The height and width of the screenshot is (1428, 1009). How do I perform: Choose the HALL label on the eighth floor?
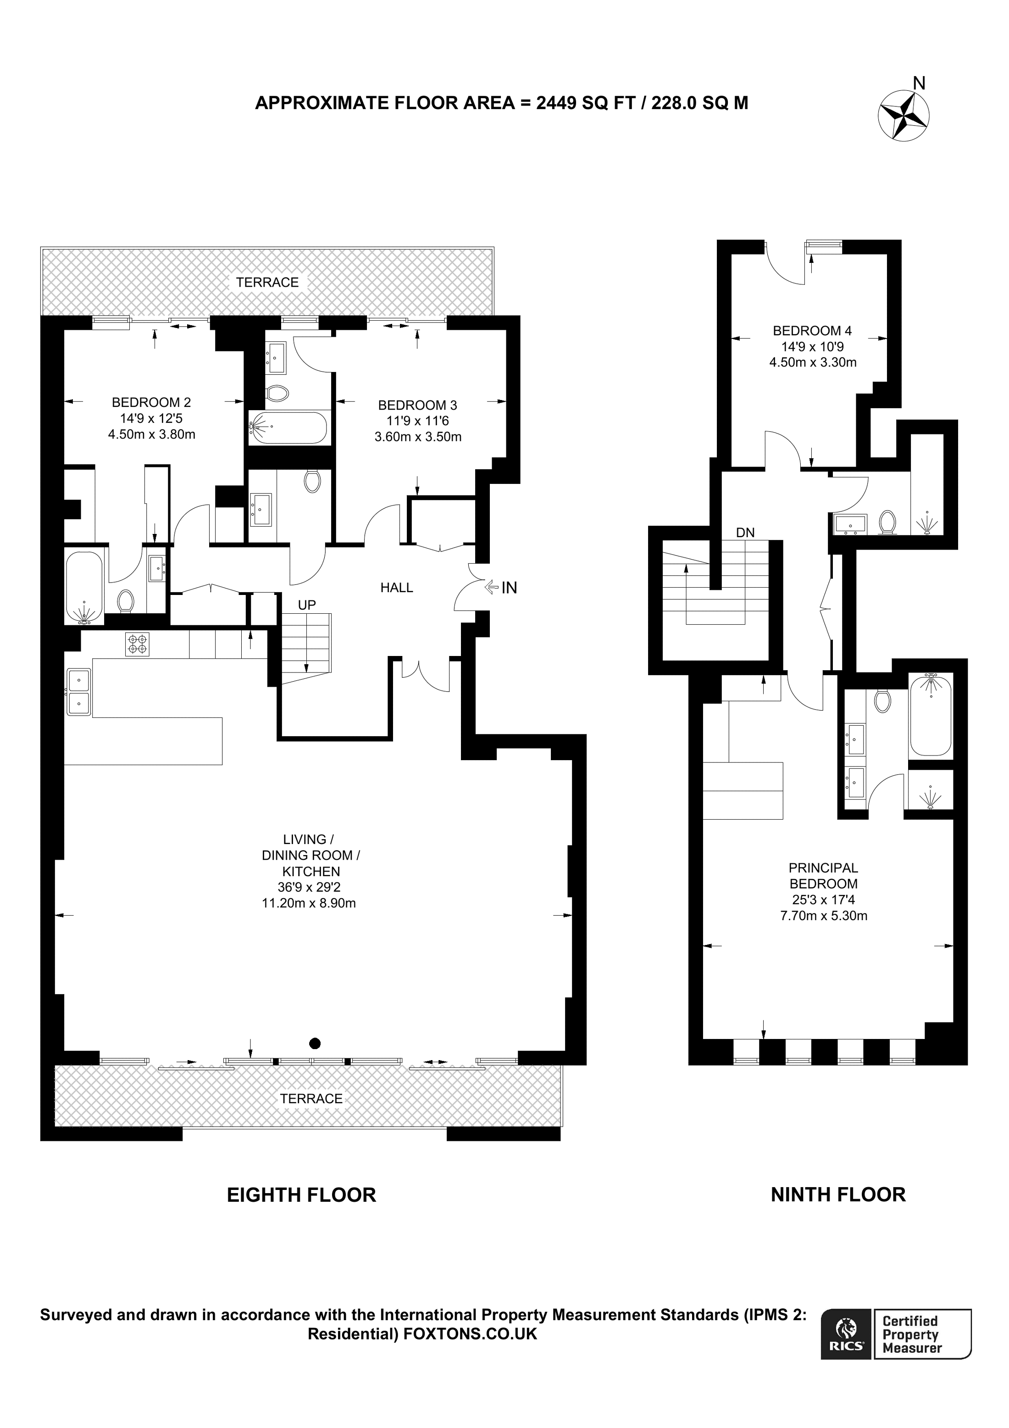click(x=397, y=588)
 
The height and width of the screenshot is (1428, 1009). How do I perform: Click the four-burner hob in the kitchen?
click(x=138, y=644)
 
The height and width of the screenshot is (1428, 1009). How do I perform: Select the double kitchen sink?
click(x=79, y=691)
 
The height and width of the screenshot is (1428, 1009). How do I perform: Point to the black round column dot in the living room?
click(x=315, y=1043)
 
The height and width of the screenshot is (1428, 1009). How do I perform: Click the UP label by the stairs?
click(x=306, y=605)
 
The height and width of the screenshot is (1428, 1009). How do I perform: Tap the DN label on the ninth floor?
click(x=745, y=533)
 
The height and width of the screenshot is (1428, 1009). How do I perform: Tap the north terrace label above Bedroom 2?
click(x=267, y=283)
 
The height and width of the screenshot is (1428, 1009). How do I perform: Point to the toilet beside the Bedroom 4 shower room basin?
click(x=887, y=522)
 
